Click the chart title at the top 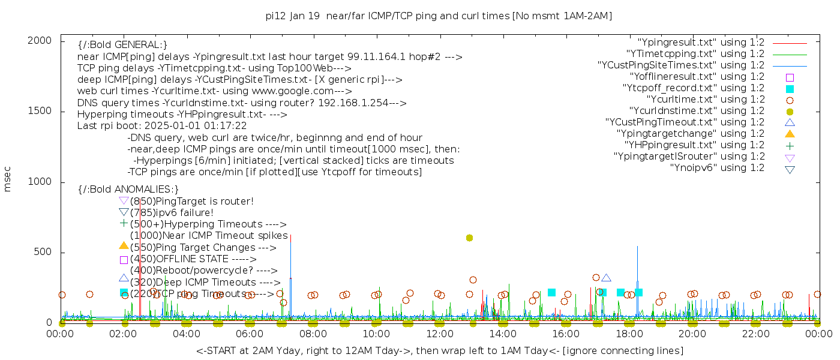point(439,16)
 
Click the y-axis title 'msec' point(8,179)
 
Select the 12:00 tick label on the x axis point(439,334)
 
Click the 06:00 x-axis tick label point(250,334)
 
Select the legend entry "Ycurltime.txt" point(705,100)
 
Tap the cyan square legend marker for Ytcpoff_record point(790,89)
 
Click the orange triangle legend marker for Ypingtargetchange point(790,134)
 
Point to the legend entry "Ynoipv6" point(717,168)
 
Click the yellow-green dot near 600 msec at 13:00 point(469,238)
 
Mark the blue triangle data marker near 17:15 point(606,278)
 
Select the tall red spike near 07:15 point(290,252)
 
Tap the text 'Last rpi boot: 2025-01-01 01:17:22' point(162,126)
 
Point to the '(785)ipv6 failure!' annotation point(172,213)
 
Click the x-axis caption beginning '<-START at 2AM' point(439,350)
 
